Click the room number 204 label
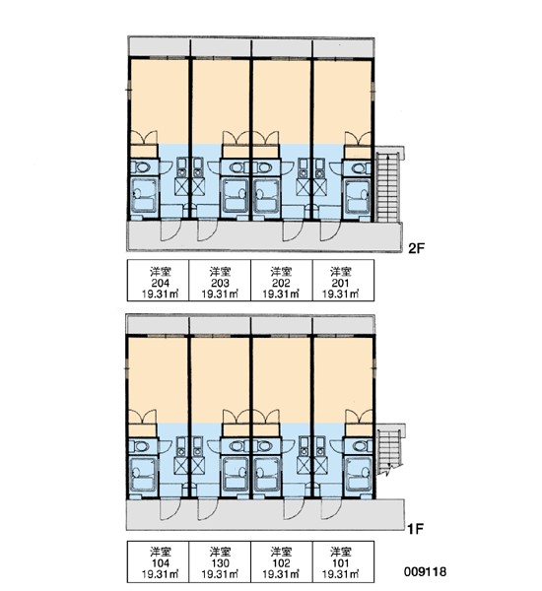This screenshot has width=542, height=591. (x=161, y=283)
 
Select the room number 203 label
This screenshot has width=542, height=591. (x=221, y=283)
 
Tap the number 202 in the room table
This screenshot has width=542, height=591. (x=281, y=283)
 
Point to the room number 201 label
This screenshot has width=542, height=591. (x=341, y=283)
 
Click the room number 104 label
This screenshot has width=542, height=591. (x=161, y=563)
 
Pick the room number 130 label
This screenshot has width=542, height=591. (x=221, y=563)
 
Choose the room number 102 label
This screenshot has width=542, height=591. (x=281, y=563)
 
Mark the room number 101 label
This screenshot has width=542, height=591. (x=341, y=563)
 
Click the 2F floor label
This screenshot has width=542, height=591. (x=417, y=248)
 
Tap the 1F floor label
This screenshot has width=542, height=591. (x=415, y=529)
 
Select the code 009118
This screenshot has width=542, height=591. (x=425, y=571)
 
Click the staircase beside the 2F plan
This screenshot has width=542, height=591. (x=387, y=187)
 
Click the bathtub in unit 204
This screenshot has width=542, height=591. (x=144, y=196)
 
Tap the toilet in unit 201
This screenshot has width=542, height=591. (x=358, y=167)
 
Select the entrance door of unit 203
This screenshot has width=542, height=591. (x=207, y=230)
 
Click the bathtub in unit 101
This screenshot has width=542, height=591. (x=359, y=474)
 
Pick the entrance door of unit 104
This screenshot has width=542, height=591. (x=170, y=509)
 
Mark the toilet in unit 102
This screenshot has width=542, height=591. (x=265, y=446)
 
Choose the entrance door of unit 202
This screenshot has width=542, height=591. (x=293, y=230)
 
